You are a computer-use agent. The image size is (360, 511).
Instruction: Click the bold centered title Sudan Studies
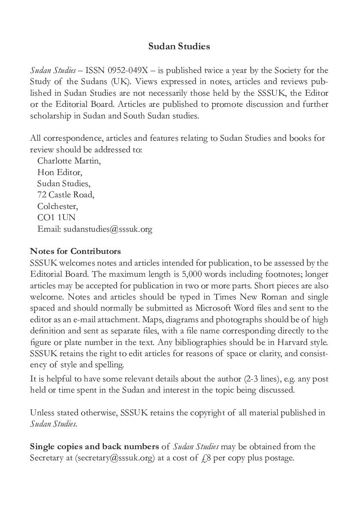click(x=179, y=46)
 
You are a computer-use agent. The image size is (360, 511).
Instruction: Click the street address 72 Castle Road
click(x=65, y=195)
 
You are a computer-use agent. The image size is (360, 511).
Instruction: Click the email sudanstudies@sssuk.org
click(x=108, y=229)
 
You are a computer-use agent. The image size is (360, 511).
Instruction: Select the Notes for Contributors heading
click(x=76, y=251)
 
